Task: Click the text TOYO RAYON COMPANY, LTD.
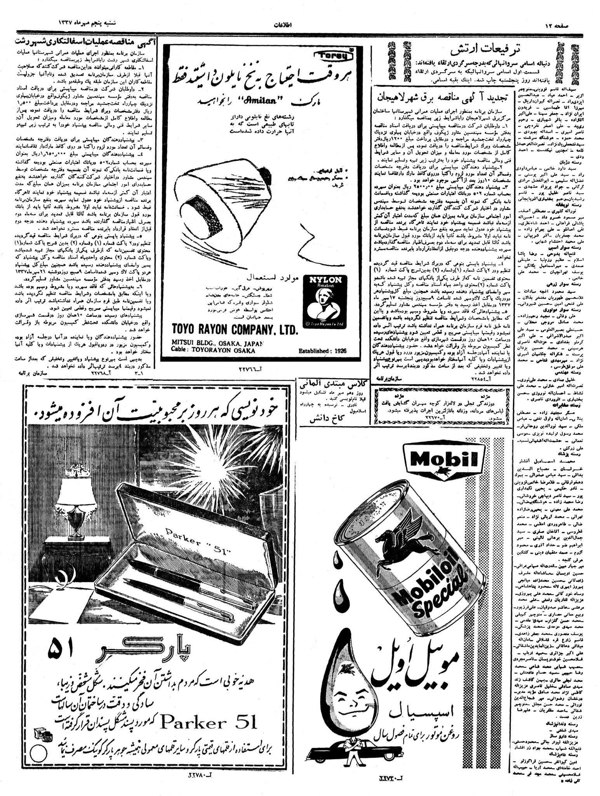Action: tap(235, 330)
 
